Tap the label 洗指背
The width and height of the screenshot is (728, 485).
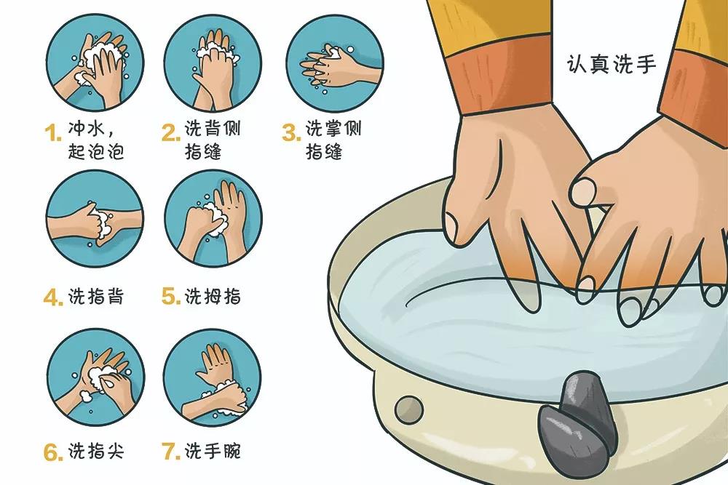tap(96, 297)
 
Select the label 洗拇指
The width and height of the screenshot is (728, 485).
tap(213, 297)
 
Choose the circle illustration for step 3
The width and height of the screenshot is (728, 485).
tap(335, 63)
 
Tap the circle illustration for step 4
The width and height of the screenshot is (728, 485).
tap(95, 218)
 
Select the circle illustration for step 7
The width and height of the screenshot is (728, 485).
tap(212, 377)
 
